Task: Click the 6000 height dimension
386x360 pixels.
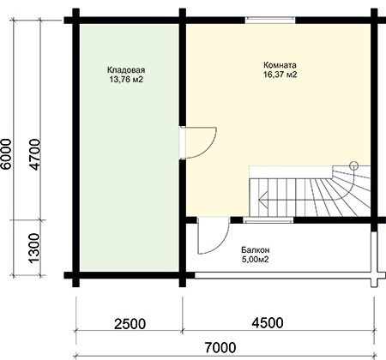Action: pyautogui.click(x=6, y=153)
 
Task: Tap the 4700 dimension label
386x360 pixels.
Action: pyautogui.click(x=34, y=154)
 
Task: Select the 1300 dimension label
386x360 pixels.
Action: pyautogui.click(x=34, y=248)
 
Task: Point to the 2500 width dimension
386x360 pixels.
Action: pyautogui.click(x=130, y=324)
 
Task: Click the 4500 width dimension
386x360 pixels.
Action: pyautogui.click(x=268, y=323)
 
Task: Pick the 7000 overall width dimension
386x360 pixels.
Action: pyautogui.click(x=220, y=348)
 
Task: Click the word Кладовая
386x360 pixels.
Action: pyautogui.click(x=126, y=69)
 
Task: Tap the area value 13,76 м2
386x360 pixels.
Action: pyautogui.click(x=126, y=80)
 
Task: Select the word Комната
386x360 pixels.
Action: pyautogui.click(x=280, y=65)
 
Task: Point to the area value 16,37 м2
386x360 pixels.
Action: pyautogui.click(x=280, y=75)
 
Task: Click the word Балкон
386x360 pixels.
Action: pyautogui.click(x=256, y=250)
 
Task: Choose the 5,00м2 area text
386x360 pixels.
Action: pyautogui.click(x=256, y=260)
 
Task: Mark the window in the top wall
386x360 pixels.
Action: pyautogui.click(x=270, y=20)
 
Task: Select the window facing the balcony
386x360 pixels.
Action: pyautogui.click(x=268, y=220)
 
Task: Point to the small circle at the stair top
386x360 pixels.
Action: pyautogui.click(x=354, y=165)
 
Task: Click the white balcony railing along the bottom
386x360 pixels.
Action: pyautogui.click(x=283, y=275)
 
